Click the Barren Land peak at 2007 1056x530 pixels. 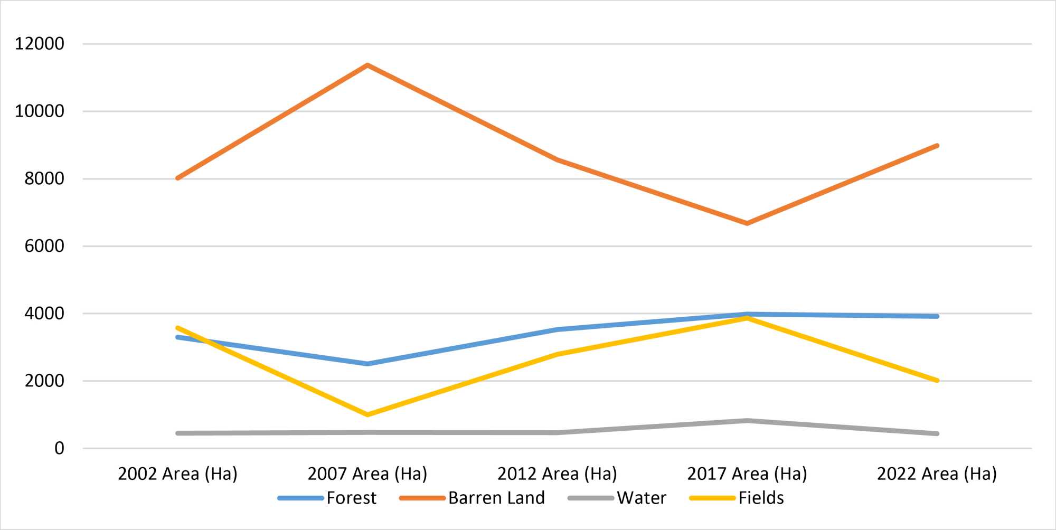(367, 65)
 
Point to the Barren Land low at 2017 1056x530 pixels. (747, 223)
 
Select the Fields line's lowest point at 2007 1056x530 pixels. (367, 414)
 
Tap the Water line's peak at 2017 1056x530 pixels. (747, 421)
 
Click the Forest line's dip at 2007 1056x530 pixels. (367, 364)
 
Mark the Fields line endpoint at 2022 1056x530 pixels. (937, 380)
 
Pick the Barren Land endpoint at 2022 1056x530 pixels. (937, 146)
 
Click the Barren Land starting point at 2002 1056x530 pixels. (178, 178)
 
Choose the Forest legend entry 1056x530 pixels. (327, 498)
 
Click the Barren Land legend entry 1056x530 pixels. (472, 498)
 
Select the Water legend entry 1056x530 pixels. (617, 498)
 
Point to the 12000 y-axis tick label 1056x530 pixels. (40, 44)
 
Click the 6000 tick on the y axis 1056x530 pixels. (44, 246)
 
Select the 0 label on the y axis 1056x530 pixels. (59, 448)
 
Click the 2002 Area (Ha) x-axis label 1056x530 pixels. (178, 474)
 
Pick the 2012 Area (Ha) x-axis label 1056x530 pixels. (557, 474)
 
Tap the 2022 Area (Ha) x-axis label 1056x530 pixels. (937, 474)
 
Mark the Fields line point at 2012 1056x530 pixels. (557, 354)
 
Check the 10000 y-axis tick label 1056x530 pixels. (40, 111)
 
